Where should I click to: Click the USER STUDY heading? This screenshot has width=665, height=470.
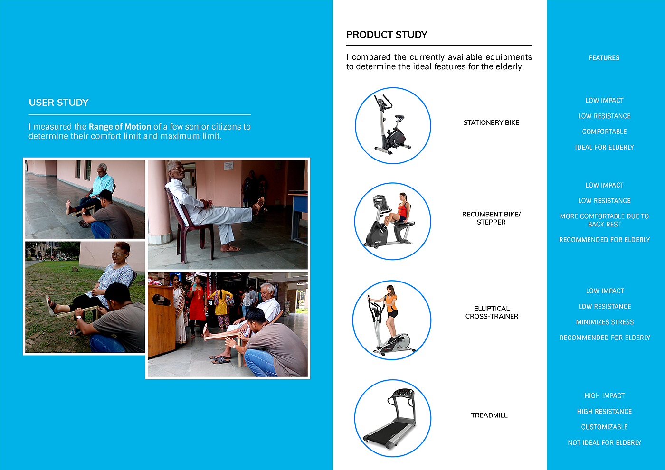pyautogui.click(x=59, y=103)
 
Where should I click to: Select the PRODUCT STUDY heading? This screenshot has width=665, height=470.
pyautogui.click(x=387, y=35)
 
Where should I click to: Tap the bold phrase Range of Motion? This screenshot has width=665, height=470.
pyautogui.click(x=120, y=127)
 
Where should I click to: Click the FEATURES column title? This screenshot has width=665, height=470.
pyautogui.click(x=604, y=58)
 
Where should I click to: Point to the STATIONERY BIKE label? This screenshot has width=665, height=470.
pyautogui.click(x=491, y=122)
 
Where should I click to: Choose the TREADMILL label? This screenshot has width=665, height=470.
pyautogui.click(x=489, y=415)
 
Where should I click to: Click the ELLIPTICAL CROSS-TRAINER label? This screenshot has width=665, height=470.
pyautogui.click(x=492, y=312)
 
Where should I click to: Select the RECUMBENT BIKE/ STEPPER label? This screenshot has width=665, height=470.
pyautogui.click(x=491, y=218)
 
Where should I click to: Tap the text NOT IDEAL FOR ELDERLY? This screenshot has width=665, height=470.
pyautogui.click(x=604, y=442)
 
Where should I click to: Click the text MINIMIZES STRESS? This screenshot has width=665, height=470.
pyautogui.click(x=605, y=322)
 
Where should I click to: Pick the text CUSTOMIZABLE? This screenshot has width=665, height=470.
pyautogui.click(x=604, y=427)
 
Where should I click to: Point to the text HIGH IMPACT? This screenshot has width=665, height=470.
pyautogui.click(x=604, y=396)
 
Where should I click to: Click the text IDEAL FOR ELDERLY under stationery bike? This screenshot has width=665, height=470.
pyautogui.click(x=604, y=147)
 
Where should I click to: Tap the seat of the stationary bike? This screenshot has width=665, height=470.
pyautogui.click(x=399, y=117)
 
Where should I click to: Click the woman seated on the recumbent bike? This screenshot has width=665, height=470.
pyautogui.click(x=399, y=209)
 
